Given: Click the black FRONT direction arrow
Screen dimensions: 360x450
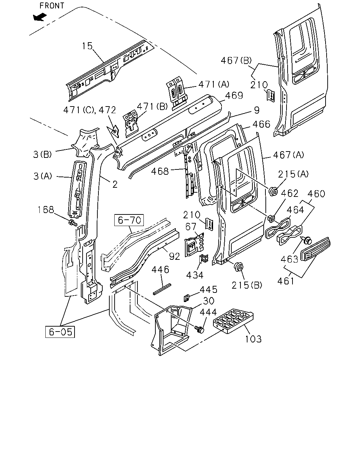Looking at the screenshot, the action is tap(40, 17).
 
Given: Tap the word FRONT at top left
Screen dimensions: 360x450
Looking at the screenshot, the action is tap(52, 6).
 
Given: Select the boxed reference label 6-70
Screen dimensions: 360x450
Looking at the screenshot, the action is tap(129, 220).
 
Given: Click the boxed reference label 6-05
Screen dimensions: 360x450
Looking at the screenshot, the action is tap(60, 332).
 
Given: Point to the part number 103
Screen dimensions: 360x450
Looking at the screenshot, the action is tap(253, 339).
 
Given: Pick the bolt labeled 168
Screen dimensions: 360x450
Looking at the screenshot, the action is tap(73, 223).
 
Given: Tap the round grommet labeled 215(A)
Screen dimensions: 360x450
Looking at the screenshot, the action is tap(273, 191).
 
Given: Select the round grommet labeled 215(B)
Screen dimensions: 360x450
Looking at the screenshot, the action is tap(239, 266).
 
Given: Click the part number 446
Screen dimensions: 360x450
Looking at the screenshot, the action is tap(160, 270).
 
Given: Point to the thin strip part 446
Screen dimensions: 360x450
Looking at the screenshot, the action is tap(162, 289).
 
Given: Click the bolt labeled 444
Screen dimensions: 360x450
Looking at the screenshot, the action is tap(199, 329).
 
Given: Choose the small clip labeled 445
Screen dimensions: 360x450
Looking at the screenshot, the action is tap(187, 298).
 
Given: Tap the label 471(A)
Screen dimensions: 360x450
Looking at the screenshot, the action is tap(214, 84).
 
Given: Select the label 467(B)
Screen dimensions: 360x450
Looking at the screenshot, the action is tap(236, 60).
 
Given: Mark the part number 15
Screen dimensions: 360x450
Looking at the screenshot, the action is tap(87, 46).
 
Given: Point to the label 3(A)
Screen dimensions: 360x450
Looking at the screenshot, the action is tap(43, 176).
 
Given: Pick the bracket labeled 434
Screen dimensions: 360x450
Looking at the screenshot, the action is tap(203, 259).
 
